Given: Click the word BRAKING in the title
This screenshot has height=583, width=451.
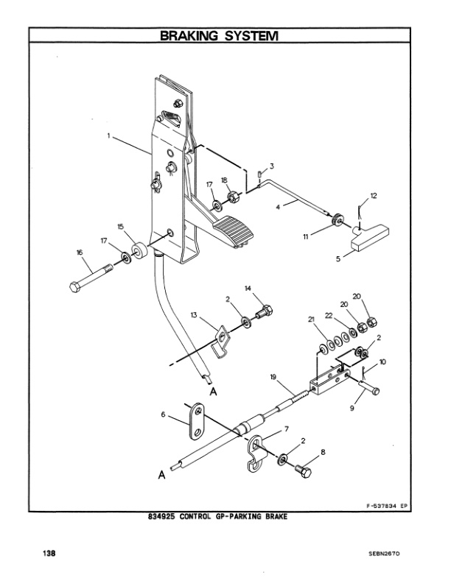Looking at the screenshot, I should (x=191, y=35).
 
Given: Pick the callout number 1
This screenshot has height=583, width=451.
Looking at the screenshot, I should (x=108, y=135).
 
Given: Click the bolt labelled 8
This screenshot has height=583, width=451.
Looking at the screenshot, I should (x=303, y=467).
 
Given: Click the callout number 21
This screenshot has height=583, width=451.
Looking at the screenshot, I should (x=312, y=319).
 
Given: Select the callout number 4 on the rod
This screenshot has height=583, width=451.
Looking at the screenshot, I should (x=278, y=208).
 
